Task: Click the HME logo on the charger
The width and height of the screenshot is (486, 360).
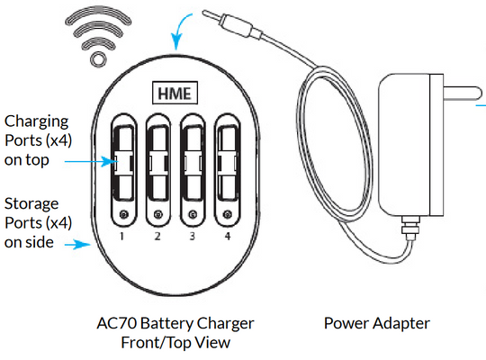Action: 175,93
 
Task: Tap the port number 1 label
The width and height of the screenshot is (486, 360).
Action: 122,237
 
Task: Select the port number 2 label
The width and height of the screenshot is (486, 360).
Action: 157,237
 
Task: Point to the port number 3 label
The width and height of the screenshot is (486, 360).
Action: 193,237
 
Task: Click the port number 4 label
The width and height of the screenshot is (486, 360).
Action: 228,237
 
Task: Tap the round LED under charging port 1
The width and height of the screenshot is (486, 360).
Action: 123,214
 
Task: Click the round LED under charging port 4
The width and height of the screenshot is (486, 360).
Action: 228,214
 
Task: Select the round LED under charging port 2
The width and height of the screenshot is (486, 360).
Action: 158,214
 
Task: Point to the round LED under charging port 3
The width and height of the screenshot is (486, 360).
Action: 193,214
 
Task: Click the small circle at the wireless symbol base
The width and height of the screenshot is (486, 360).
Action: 98,58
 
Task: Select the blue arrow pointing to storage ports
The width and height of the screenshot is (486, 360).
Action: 77,245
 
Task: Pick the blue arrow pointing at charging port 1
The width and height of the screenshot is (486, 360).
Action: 90,162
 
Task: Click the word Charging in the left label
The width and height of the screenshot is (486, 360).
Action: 36,121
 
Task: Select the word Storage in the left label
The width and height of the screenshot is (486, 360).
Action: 31,203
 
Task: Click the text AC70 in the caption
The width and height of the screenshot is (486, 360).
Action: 116,323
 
